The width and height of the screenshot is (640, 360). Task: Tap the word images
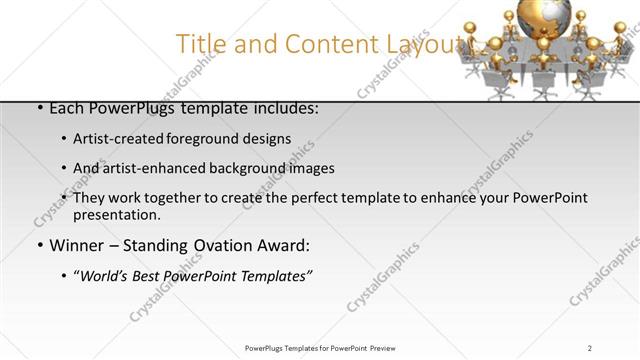[x=311, y=168]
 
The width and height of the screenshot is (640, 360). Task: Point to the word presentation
[x=116, y=215]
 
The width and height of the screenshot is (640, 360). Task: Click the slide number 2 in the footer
[x=590, y=347]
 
